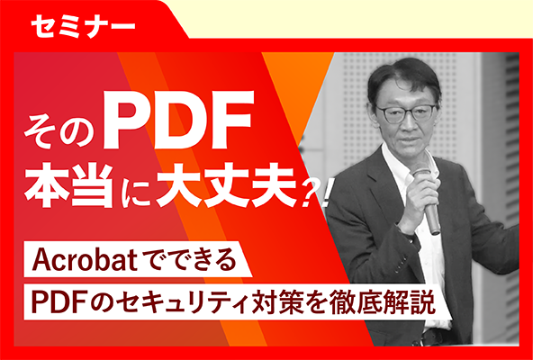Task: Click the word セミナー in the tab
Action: (83, 26)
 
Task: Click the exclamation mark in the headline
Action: (325, 194)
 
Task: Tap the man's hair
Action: (402, 77)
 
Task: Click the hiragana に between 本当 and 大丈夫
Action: (134, 188)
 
